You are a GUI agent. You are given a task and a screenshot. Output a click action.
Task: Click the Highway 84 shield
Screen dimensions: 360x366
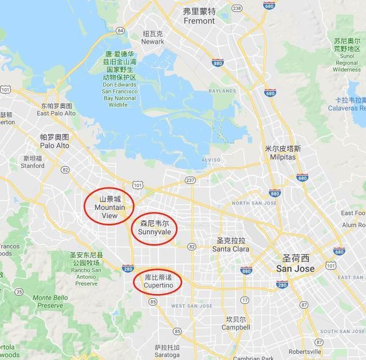coord(120,30)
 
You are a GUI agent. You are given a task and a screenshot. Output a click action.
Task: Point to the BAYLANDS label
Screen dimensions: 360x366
coord(222,90)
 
